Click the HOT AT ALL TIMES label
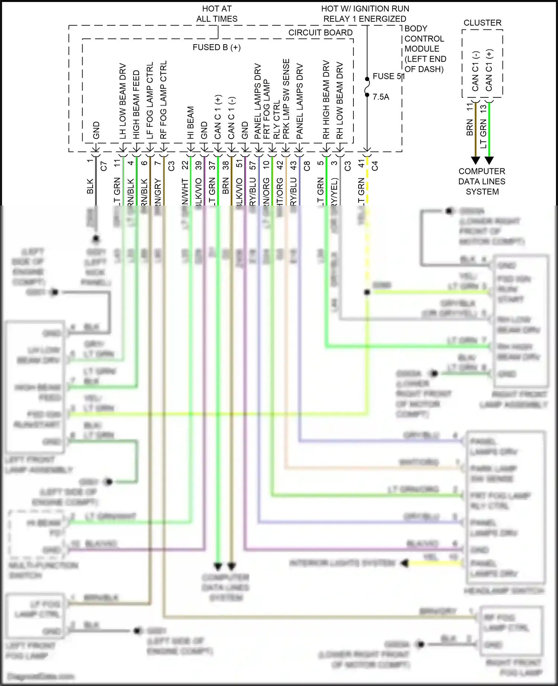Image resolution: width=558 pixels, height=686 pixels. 217,14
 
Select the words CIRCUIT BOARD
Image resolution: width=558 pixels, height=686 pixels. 320,33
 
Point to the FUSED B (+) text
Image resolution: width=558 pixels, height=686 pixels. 217,48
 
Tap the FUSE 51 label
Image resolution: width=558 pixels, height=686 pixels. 388,76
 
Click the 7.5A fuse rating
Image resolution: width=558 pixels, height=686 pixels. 381,97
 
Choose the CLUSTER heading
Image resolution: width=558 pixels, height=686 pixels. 482,23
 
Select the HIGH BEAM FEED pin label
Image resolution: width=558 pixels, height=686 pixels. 136,105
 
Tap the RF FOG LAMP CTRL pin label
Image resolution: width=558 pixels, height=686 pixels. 163,100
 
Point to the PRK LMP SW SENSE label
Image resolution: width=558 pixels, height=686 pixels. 286,99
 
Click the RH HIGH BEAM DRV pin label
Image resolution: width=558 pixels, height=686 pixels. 326,100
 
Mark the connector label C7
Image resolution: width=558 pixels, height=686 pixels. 104,166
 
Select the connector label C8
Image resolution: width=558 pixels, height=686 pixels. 307,166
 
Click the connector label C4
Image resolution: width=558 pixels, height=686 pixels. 375,166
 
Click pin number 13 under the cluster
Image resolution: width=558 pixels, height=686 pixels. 483,109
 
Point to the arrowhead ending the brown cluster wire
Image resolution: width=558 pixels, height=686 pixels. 475,160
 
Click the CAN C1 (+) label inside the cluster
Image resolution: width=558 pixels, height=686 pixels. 489,71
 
